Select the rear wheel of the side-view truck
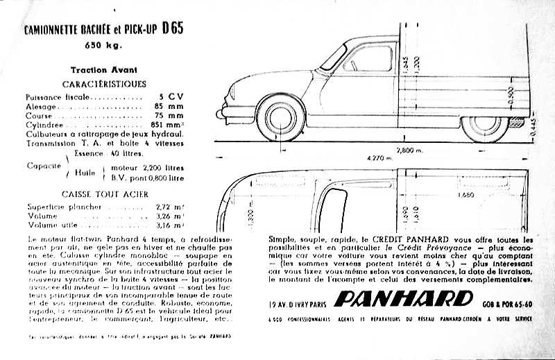coord(484,122)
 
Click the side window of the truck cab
coord(367,58)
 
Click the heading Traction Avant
coord(104,70)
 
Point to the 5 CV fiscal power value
coord(171,97)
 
